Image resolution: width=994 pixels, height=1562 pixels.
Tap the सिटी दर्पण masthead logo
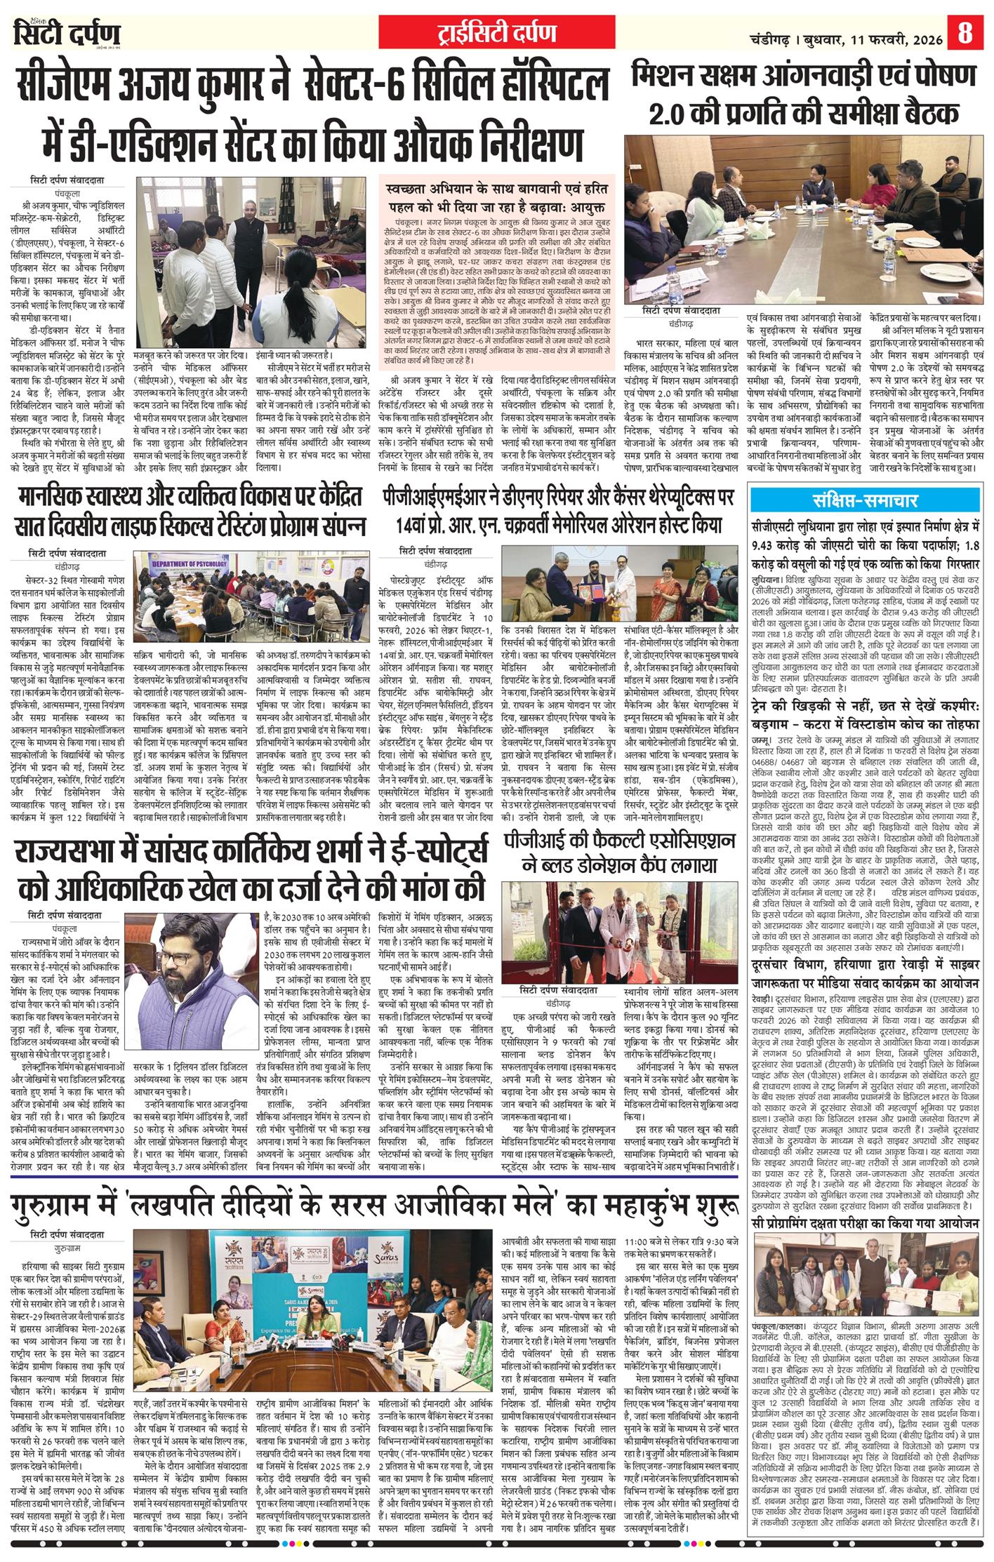tap(67, 33)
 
